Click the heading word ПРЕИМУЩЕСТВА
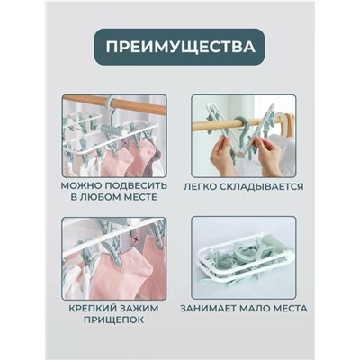179,44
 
